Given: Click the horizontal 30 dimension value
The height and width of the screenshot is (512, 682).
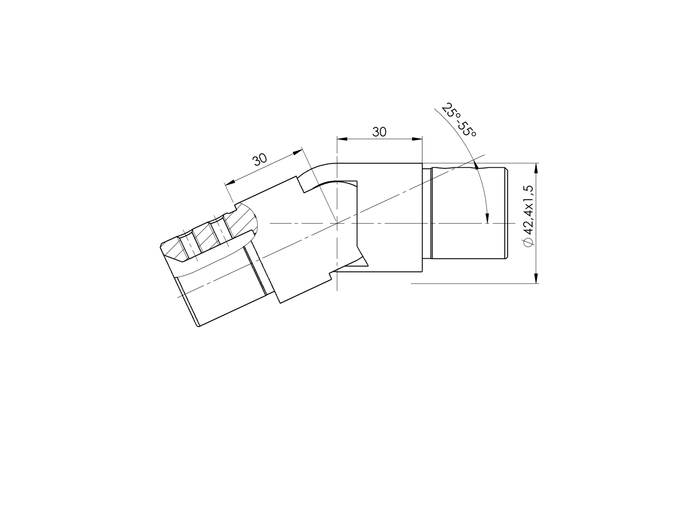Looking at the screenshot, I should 380,132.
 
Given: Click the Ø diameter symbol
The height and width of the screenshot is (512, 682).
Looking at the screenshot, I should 528,242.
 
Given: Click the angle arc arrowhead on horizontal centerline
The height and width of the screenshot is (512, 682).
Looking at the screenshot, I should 488,219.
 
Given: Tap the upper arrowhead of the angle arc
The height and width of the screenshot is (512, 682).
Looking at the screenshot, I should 475,165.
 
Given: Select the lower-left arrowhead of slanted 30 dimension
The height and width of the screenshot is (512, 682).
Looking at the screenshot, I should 229,182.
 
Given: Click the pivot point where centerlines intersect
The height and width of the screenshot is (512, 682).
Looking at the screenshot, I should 337,223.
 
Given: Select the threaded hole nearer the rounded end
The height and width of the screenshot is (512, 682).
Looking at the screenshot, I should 219,231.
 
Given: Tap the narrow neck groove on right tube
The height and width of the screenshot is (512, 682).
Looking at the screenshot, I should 427,213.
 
